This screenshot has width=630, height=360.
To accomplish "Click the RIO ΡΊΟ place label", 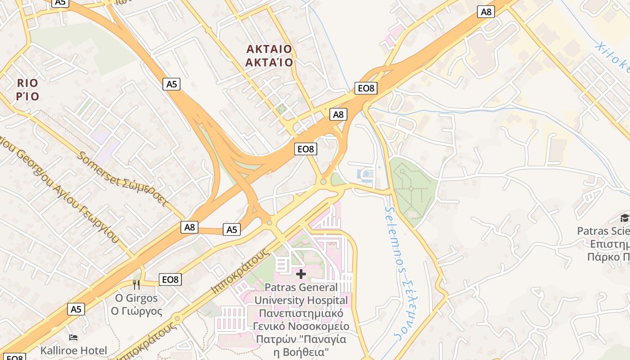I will coord(27,90).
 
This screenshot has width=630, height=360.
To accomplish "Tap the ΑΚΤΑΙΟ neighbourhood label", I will coord(269,49).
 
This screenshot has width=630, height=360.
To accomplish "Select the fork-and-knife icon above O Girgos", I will coord(136,284).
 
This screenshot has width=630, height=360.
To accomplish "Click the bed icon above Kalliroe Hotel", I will coord(73,337).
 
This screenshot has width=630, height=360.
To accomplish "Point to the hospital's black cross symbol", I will coord(301,274).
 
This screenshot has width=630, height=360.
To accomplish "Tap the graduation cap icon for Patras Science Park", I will coord(625,219).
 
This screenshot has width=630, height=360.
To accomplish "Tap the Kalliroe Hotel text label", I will coord(74,351).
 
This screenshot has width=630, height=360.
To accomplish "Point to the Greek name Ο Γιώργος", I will coord(137,311).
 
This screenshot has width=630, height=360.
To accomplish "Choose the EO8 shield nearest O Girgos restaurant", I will coord(170,279).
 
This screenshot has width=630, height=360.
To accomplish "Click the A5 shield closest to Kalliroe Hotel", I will coord(76,309).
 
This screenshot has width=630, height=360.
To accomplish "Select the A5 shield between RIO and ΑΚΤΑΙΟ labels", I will coord(172,84).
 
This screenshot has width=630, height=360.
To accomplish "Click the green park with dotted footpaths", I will coord(412,189).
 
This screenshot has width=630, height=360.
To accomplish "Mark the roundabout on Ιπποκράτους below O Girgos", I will coord(177,319).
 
